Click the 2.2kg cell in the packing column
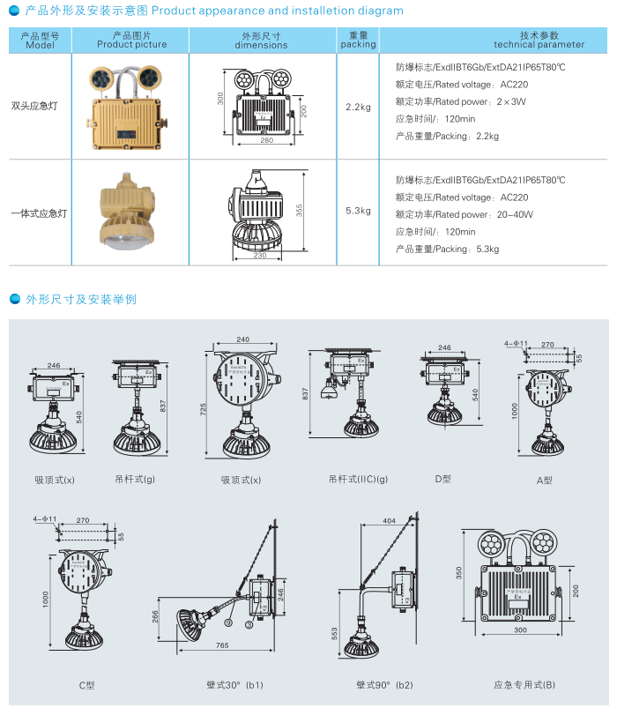[358, 108]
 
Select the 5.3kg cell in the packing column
[358, 211]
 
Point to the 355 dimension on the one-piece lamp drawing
[300, 211]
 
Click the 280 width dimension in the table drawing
[266, 140]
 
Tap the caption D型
[442, 479]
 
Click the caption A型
[544, 481]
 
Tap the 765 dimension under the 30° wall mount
[222, 646]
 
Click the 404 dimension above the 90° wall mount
[389, 521]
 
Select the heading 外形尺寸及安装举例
[81, 300]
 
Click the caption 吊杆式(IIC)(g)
[358, 479]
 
